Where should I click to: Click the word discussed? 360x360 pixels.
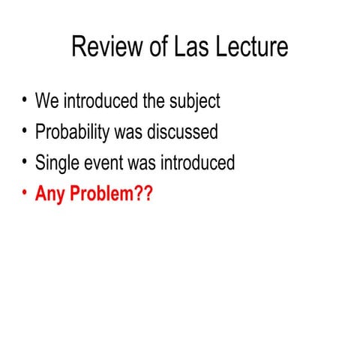182,133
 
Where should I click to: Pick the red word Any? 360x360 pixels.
49,193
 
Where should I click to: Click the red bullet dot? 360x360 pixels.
25,192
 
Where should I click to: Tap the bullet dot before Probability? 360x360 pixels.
25,131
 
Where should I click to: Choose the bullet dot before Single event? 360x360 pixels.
25,161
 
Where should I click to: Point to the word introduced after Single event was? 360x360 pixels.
196,163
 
